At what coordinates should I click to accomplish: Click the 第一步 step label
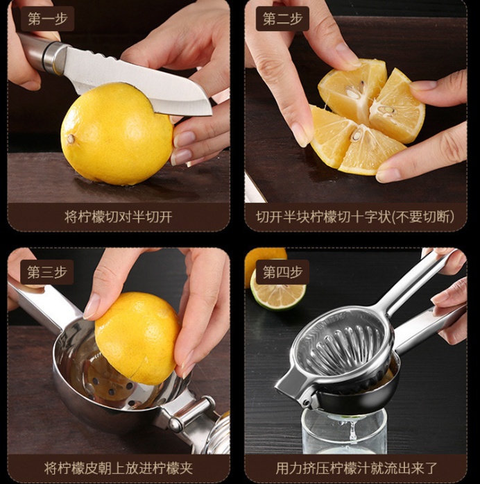point(47,19)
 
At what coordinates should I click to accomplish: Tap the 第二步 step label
point(282,19)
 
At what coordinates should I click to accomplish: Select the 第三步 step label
point(47,272)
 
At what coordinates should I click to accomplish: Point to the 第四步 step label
point(282,272)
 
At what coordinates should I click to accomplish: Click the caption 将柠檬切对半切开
point(119,217)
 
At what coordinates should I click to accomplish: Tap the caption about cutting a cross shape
point(355,217)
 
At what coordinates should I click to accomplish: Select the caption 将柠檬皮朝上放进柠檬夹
point(119,468)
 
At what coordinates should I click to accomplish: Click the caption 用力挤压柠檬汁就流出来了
point(357,468)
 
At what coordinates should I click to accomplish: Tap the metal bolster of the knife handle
point(55,58)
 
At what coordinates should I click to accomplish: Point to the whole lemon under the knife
point(117,134)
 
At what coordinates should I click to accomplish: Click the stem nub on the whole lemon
point(71,139)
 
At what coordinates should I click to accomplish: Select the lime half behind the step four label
point(278,293)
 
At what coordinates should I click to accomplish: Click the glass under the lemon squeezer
point(344,431)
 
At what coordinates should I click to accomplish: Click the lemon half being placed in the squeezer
point(137,338)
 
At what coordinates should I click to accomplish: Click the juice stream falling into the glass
point(352,429)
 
